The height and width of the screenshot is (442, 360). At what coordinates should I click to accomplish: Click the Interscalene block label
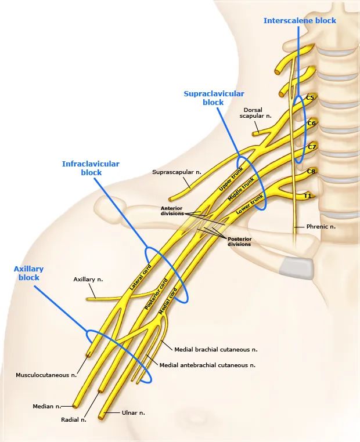tap(300, 20)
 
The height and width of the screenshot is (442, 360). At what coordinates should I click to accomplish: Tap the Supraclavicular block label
tap(214, 98)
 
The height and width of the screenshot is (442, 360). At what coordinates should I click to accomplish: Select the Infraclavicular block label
tap(91, 168)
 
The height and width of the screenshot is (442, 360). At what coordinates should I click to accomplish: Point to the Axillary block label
tap(28, 273)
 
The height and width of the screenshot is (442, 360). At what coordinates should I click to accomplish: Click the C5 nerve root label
tap(309, 98)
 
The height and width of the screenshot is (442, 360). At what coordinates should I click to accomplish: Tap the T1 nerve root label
tap(308, 196)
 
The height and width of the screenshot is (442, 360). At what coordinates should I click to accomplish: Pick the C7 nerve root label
tap(312, 147)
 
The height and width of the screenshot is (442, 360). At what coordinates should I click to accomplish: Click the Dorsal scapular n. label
tap(255, 113)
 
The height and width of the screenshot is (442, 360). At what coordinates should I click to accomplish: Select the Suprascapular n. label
tap(177, 172)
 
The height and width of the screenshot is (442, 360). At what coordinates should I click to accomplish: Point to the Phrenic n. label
tap(321, 226)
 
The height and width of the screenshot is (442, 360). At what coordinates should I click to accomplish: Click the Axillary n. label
tap(88, 280)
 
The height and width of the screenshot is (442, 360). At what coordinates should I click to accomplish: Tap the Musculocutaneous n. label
tap(46, 375)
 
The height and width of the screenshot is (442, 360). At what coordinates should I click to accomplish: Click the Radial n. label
tap(74, 419)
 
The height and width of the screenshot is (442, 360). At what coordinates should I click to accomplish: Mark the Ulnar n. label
tap(134, 413)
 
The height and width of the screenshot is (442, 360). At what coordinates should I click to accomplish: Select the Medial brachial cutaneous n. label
tap(215, 350)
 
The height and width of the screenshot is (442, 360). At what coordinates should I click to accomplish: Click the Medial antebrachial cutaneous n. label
tap(207, 365)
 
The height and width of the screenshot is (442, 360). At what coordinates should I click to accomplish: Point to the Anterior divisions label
tap(172, 211)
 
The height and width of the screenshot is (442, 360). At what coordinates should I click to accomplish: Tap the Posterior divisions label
tap(239, 241)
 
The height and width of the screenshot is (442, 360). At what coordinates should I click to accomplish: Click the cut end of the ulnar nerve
tap(102, 415)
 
